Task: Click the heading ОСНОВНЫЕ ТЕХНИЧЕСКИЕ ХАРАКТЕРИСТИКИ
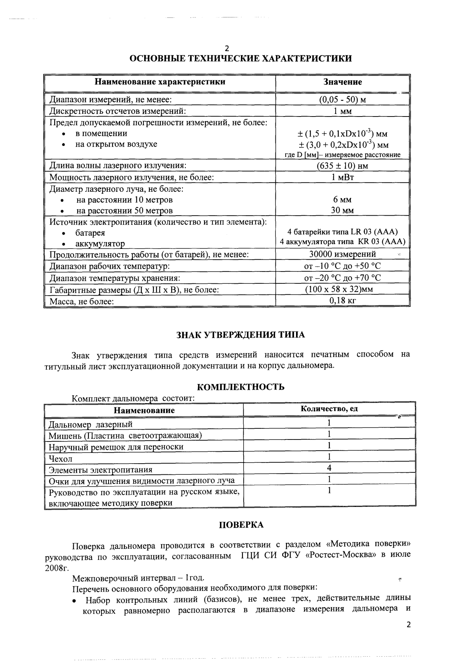point(241,59)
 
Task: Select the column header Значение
point(342,82)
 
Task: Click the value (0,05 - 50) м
point(342,99)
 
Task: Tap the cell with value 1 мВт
point(342,177)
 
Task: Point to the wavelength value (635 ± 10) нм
point(342,166)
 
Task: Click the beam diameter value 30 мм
point(342,210)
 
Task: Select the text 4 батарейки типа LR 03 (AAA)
point(342,232)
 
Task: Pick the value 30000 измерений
point(342,254)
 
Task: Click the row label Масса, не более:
point(81,302)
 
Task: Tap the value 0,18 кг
point(342,301)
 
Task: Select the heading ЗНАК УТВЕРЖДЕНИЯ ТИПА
point(241,335)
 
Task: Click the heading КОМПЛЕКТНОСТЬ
point(241,387)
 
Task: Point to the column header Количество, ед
point(329,409)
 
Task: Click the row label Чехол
point(60,459)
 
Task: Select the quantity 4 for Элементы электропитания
point(329,468)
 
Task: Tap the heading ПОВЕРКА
point(241,525)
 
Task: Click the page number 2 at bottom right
point(409,625)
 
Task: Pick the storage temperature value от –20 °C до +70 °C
point(342,278)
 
